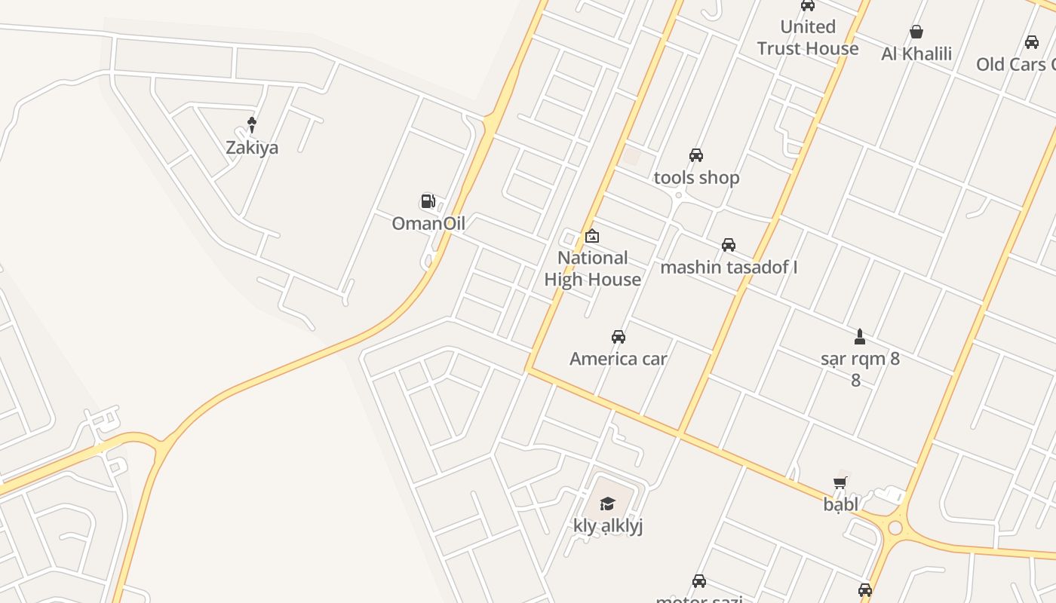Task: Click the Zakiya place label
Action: pos(252,148)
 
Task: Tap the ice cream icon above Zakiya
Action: pos(252,124)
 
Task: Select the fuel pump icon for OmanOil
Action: pos(428,200)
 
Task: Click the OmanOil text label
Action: pos(428,223)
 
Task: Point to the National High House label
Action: pos(592,268)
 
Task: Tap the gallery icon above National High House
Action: pos(592,236)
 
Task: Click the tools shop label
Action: pos(696,178)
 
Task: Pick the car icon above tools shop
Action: pos(696,155)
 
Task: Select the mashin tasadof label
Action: pos(729,268)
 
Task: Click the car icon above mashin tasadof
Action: pos(729,245)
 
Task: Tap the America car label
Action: pos(618,359)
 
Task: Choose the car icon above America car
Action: pos(618,336)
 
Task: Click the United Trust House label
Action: pos(808,38)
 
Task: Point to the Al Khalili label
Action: pos(916,54)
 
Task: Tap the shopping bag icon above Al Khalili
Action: pos(916,32)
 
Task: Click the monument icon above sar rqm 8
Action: pos(859,335)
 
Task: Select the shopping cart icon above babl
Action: pos(840,482)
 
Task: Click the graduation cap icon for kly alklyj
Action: pos(607,504)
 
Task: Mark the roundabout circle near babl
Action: pos(895,528)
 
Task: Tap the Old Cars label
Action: pos(1015,65)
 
